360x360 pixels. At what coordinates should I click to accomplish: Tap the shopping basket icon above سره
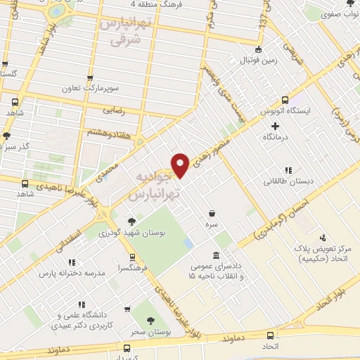pyautogui.click(x=212, y=212)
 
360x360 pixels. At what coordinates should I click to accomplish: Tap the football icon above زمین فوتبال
pyautogui.click(x=259, y=49)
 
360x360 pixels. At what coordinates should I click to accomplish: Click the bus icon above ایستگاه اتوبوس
pyautogui.click(x=285, y=99)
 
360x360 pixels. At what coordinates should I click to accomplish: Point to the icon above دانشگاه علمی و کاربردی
pyautogui.click(x=84, y=305)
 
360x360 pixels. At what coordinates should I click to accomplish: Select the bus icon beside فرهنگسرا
pyautogui.click(x=131, y=257)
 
